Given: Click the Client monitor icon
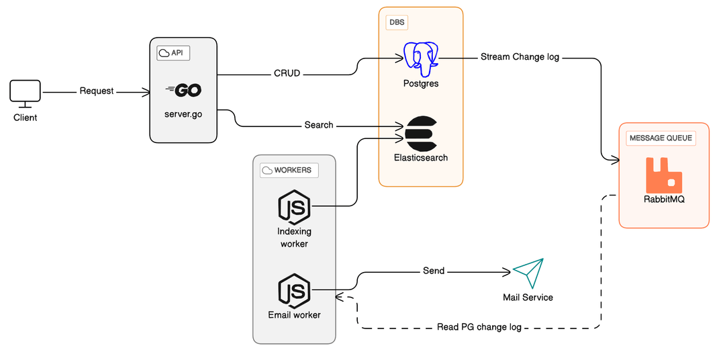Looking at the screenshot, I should (x=26, y=93).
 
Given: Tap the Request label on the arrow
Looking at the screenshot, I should (x=97, y=91).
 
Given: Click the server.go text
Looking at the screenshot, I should (x=183, y=114).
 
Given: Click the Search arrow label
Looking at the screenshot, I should (x=319, y=125).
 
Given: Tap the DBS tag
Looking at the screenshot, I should (x=397, y=22).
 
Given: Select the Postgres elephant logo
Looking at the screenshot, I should (x=420, y=58).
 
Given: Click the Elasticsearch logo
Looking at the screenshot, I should (x=421, y=133).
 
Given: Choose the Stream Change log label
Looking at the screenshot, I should (x=520, y=57).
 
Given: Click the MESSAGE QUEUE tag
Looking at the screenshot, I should (x=660, y=138).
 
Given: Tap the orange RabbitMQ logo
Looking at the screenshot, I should (x=663, y=175).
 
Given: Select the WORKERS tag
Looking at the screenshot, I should (x=289, y=170).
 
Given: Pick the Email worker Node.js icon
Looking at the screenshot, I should (x=294, y=290).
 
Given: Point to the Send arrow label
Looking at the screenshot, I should (x=434, y=271).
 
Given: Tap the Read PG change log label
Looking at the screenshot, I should (x=479, y=327).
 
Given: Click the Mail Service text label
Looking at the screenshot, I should (x=528, y=297).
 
